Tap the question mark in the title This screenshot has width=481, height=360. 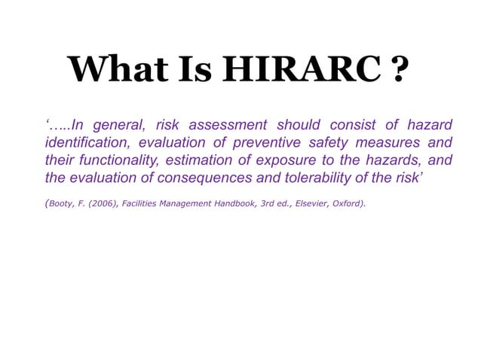(x=400, y=70)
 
